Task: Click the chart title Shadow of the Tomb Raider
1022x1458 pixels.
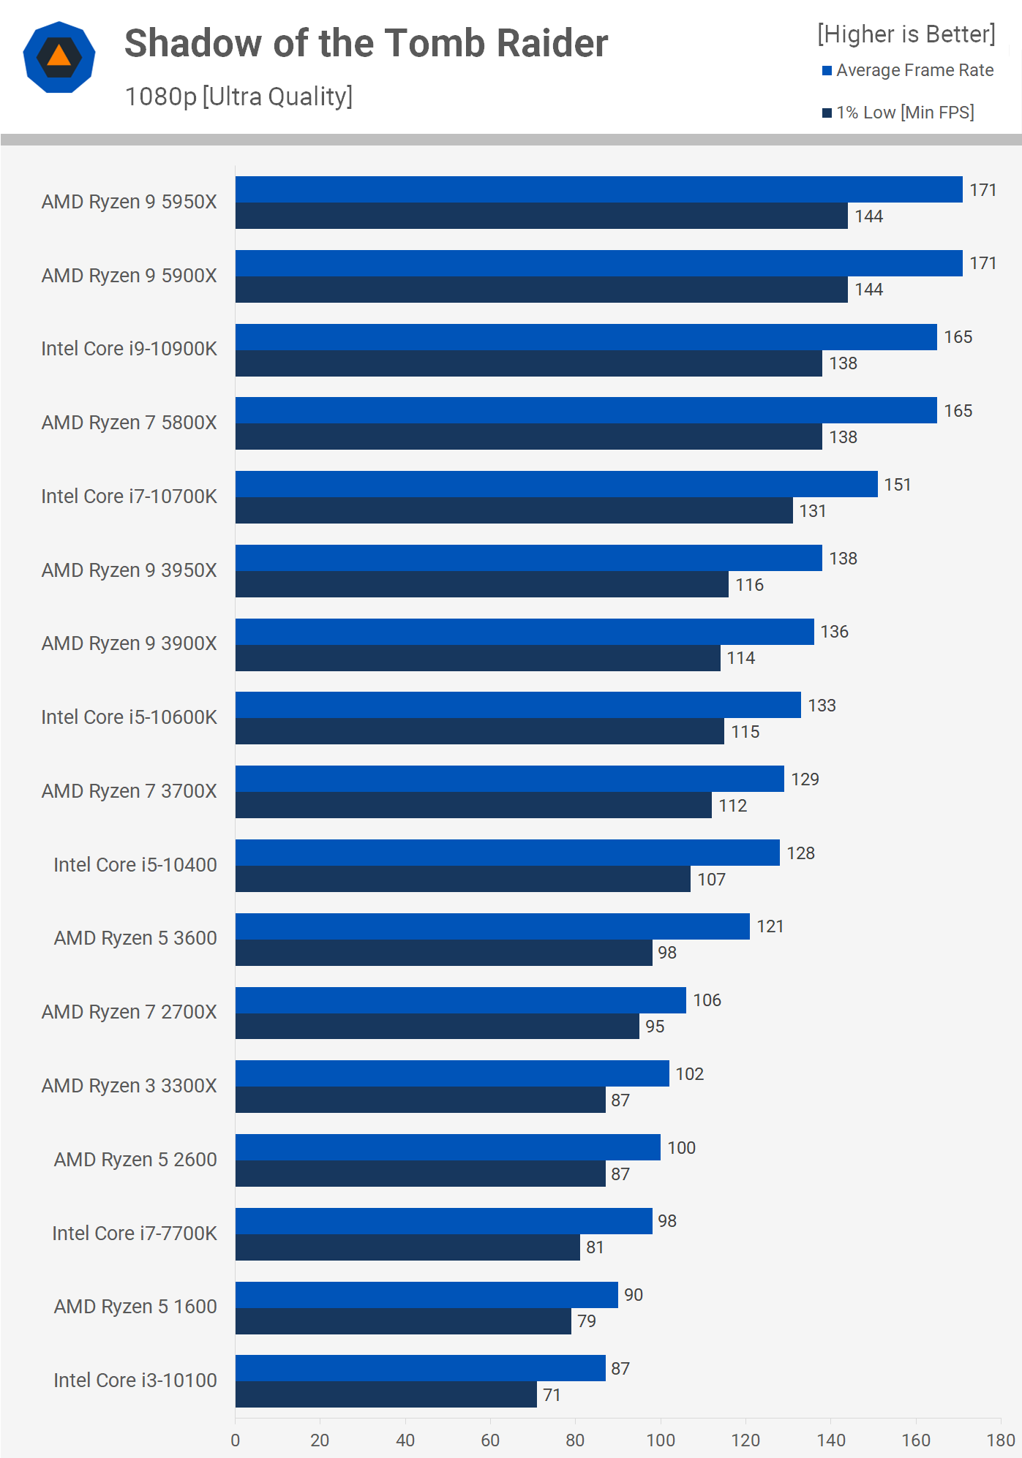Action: [366, 43]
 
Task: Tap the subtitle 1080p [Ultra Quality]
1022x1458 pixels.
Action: [238, 97]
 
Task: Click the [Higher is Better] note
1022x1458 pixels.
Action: [906, 34]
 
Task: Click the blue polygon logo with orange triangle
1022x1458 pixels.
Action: [59, 57]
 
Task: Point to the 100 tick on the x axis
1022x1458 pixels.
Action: [661, 1440]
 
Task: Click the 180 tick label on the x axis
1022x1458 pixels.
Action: [1000, 1440]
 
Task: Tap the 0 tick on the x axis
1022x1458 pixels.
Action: [236, 1440]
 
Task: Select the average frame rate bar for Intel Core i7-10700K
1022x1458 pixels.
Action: [556, 484]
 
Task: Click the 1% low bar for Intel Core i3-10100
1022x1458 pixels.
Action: [386, 1394]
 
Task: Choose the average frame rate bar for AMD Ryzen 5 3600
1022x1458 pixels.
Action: [492, 926]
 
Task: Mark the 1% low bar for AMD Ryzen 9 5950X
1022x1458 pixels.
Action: [541, 216]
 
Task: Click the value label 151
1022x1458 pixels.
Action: [897, 485]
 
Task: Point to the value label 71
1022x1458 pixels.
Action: [552, 1395]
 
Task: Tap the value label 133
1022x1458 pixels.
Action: [822, 706]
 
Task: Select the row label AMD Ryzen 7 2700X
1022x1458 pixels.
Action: [129, 1012]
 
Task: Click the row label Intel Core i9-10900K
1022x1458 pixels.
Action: [129, 349]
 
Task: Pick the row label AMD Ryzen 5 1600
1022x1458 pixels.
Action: [135, 1307]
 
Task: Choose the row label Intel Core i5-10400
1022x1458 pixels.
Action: [135, 865]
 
